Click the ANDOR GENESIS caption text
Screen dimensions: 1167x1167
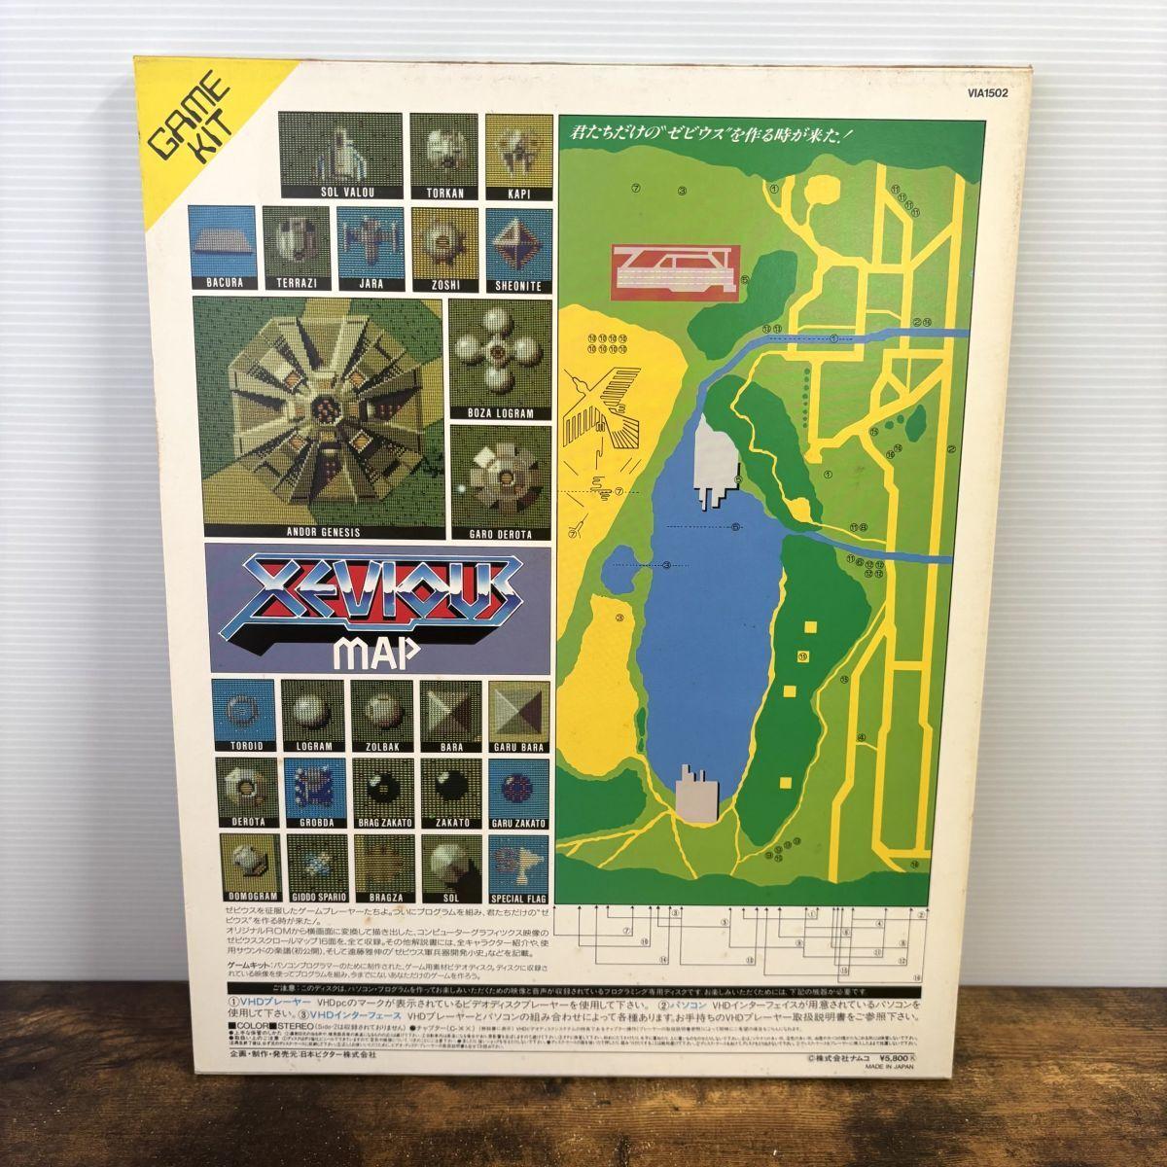point(324,533)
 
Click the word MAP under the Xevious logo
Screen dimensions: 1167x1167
point(375,651)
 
